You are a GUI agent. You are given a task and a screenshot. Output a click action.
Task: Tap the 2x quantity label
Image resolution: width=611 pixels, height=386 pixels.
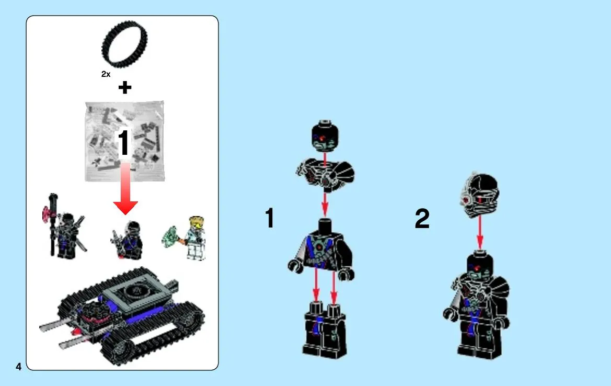tap(106, 74)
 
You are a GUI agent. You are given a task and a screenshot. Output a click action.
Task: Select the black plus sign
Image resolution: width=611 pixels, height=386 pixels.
tap(125, 87)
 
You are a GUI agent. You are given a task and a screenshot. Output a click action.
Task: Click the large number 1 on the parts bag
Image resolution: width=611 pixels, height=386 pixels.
tap(123, 143)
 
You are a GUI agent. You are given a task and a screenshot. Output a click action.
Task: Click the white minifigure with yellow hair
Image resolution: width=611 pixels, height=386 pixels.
tap(194, 238)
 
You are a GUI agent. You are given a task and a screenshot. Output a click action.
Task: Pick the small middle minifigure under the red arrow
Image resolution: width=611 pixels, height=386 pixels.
tap(128, 241)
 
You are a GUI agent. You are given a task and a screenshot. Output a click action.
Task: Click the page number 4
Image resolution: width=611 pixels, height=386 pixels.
tap(18, 367)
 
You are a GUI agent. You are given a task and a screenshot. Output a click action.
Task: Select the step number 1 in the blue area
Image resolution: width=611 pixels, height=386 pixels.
tap(270, 218)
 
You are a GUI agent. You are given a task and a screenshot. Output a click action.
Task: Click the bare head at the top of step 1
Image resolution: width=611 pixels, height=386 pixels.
tap(325, 136)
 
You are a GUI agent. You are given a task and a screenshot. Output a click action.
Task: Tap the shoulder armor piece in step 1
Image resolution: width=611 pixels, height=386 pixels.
tap(325, 174)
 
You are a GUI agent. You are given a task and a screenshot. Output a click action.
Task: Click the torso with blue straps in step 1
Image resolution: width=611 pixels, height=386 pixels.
tap(321, 249)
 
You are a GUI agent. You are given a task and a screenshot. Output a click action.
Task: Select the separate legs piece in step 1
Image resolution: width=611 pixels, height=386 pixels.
tap(324, 330)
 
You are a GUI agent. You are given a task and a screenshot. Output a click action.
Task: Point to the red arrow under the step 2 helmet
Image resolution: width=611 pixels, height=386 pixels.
tap(480, 232)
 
